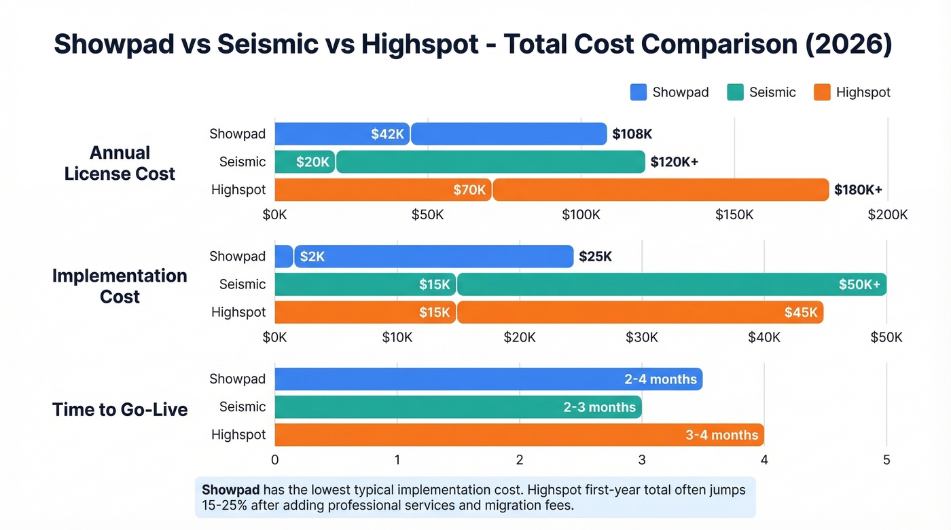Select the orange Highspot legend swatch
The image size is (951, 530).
(x=822, y=92)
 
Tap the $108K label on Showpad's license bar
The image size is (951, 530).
(x=632, y=134)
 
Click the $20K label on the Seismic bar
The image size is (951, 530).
(x=312, y=162)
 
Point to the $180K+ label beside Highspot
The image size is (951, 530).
(x=858, y=190)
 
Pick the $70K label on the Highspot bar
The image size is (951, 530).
(x=469, y=190)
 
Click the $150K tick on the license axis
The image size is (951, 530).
(x=734, y=215)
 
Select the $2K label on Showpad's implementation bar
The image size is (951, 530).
(x=312, y=257)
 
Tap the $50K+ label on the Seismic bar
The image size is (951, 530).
(x=859, y=284)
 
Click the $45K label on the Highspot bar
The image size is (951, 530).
(x=801, y=312)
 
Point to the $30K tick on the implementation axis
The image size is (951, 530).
(x=641, y=337)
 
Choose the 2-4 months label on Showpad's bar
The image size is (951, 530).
(x=660, y=379)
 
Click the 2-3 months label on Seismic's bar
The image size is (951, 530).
(x=599, y=407)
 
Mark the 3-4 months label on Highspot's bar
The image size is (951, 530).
(x=721, y=435)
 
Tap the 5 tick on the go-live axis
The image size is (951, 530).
(x=886, y=460)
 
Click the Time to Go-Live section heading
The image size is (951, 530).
(x=120, y=409)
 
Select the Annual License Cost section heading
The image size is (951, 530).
(x=120, y=163)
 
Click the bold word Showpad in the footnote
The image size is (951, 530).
(x=230, y=490)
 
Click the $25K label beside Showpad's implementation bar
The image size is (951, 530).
(x=595, y=257)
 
